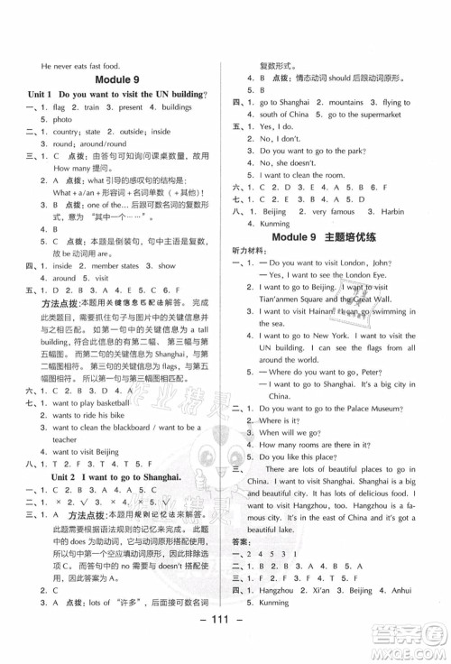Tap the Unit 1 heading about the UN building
click(118, 95)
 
